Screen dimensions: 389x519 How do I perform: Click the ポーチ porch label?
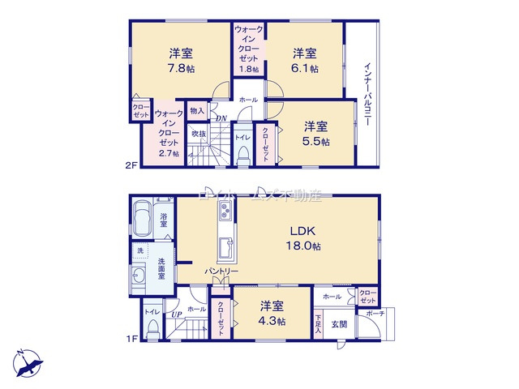click(375, 314)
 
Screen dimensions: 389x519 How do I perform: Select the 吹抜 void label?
click(197, 134)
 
